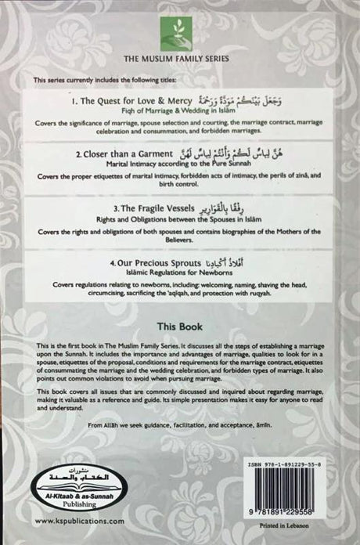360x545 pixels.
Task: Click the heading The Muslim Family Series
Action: point(181,59)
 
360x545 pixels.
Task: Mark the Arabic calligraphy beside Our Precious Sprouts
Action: point(229,262)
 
